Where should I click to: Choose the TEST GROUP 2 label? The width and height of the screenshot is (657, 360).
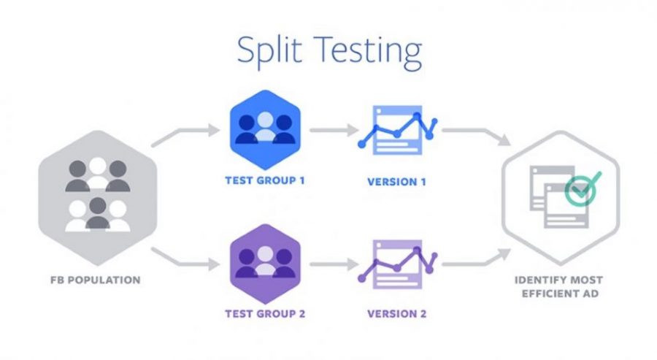tap(265, 315)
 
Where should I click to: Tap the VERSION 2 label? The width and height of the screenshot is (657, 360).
tap(397, 315)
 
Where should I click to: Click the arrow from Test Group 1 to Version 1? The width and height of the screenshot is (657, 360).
tap(330, 131)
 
